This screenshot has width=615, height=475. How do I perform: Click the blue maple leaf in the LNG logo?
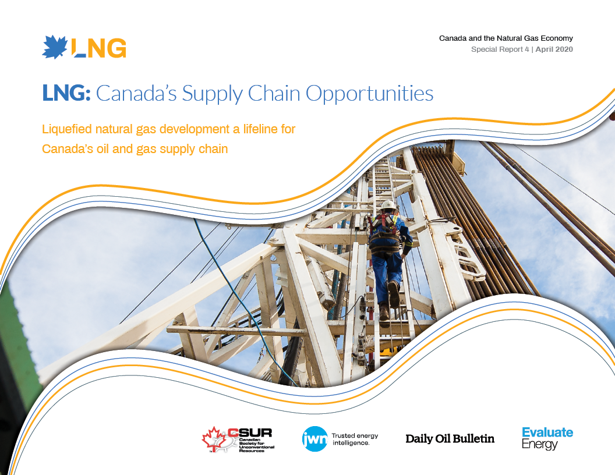coord(55,47)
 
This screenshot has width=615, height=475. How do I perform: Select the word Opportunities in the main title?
coord(369,94)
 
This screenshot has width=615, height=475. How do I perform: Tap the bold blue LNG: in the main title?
coord(66,93)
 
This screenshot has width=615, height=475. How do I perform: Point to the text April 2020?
coord(554,49)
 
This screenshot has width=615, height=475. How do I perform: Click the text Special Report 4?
coord(500,49)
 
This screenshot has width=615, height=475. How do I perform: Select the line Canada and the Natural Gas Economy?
coord(506,38)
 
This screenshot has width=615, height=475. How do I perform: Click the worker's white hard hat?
coord(388,205)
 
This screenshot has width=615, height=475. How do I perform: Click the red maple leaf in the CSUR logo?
coord(214,438)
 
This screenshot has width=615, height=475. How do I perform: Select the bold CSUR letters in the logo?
coord(250,433)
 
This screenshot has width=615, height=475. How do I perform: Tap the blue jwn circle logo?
coord(315,439)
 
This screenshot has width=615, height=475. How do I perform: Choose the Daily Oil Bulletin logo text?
coord(450,438)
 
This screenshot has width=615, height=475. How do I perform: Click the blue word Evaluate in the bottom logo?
coord(547,433)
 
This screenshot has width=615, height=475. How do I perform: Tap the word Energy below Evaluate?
coord(540,444)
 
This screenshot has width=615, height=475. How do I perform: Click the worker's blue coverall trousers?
coord(386,274)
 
